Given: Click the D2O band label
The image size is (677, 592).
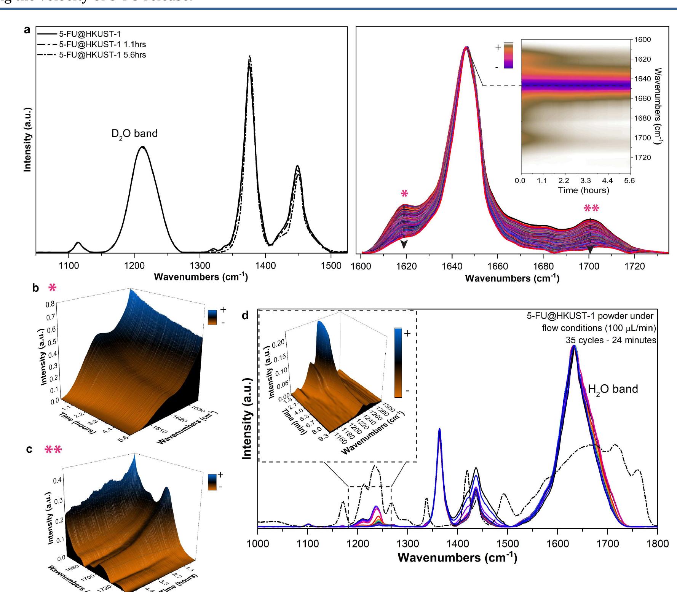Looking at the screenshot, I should (x=134, y=134).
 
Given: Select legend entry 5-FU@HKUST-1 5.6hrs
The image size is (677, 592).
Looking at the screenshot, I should (x=102, y=55).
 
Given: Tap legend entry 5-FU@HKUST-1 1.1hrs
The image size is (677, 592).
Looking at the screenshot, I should (x=102, y=45).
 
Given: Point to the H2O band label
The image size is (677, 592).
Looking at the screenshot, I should (x=613, y=389).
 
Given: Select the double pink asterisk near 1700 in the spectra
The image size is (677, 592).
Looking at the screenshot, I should (x=591, y=208).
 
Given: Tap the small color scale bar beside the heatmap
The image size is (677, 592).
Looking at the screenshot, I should (x=508, y=56).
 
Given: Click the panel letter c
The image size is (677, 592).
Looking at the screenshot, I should (x=29, y=449).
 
